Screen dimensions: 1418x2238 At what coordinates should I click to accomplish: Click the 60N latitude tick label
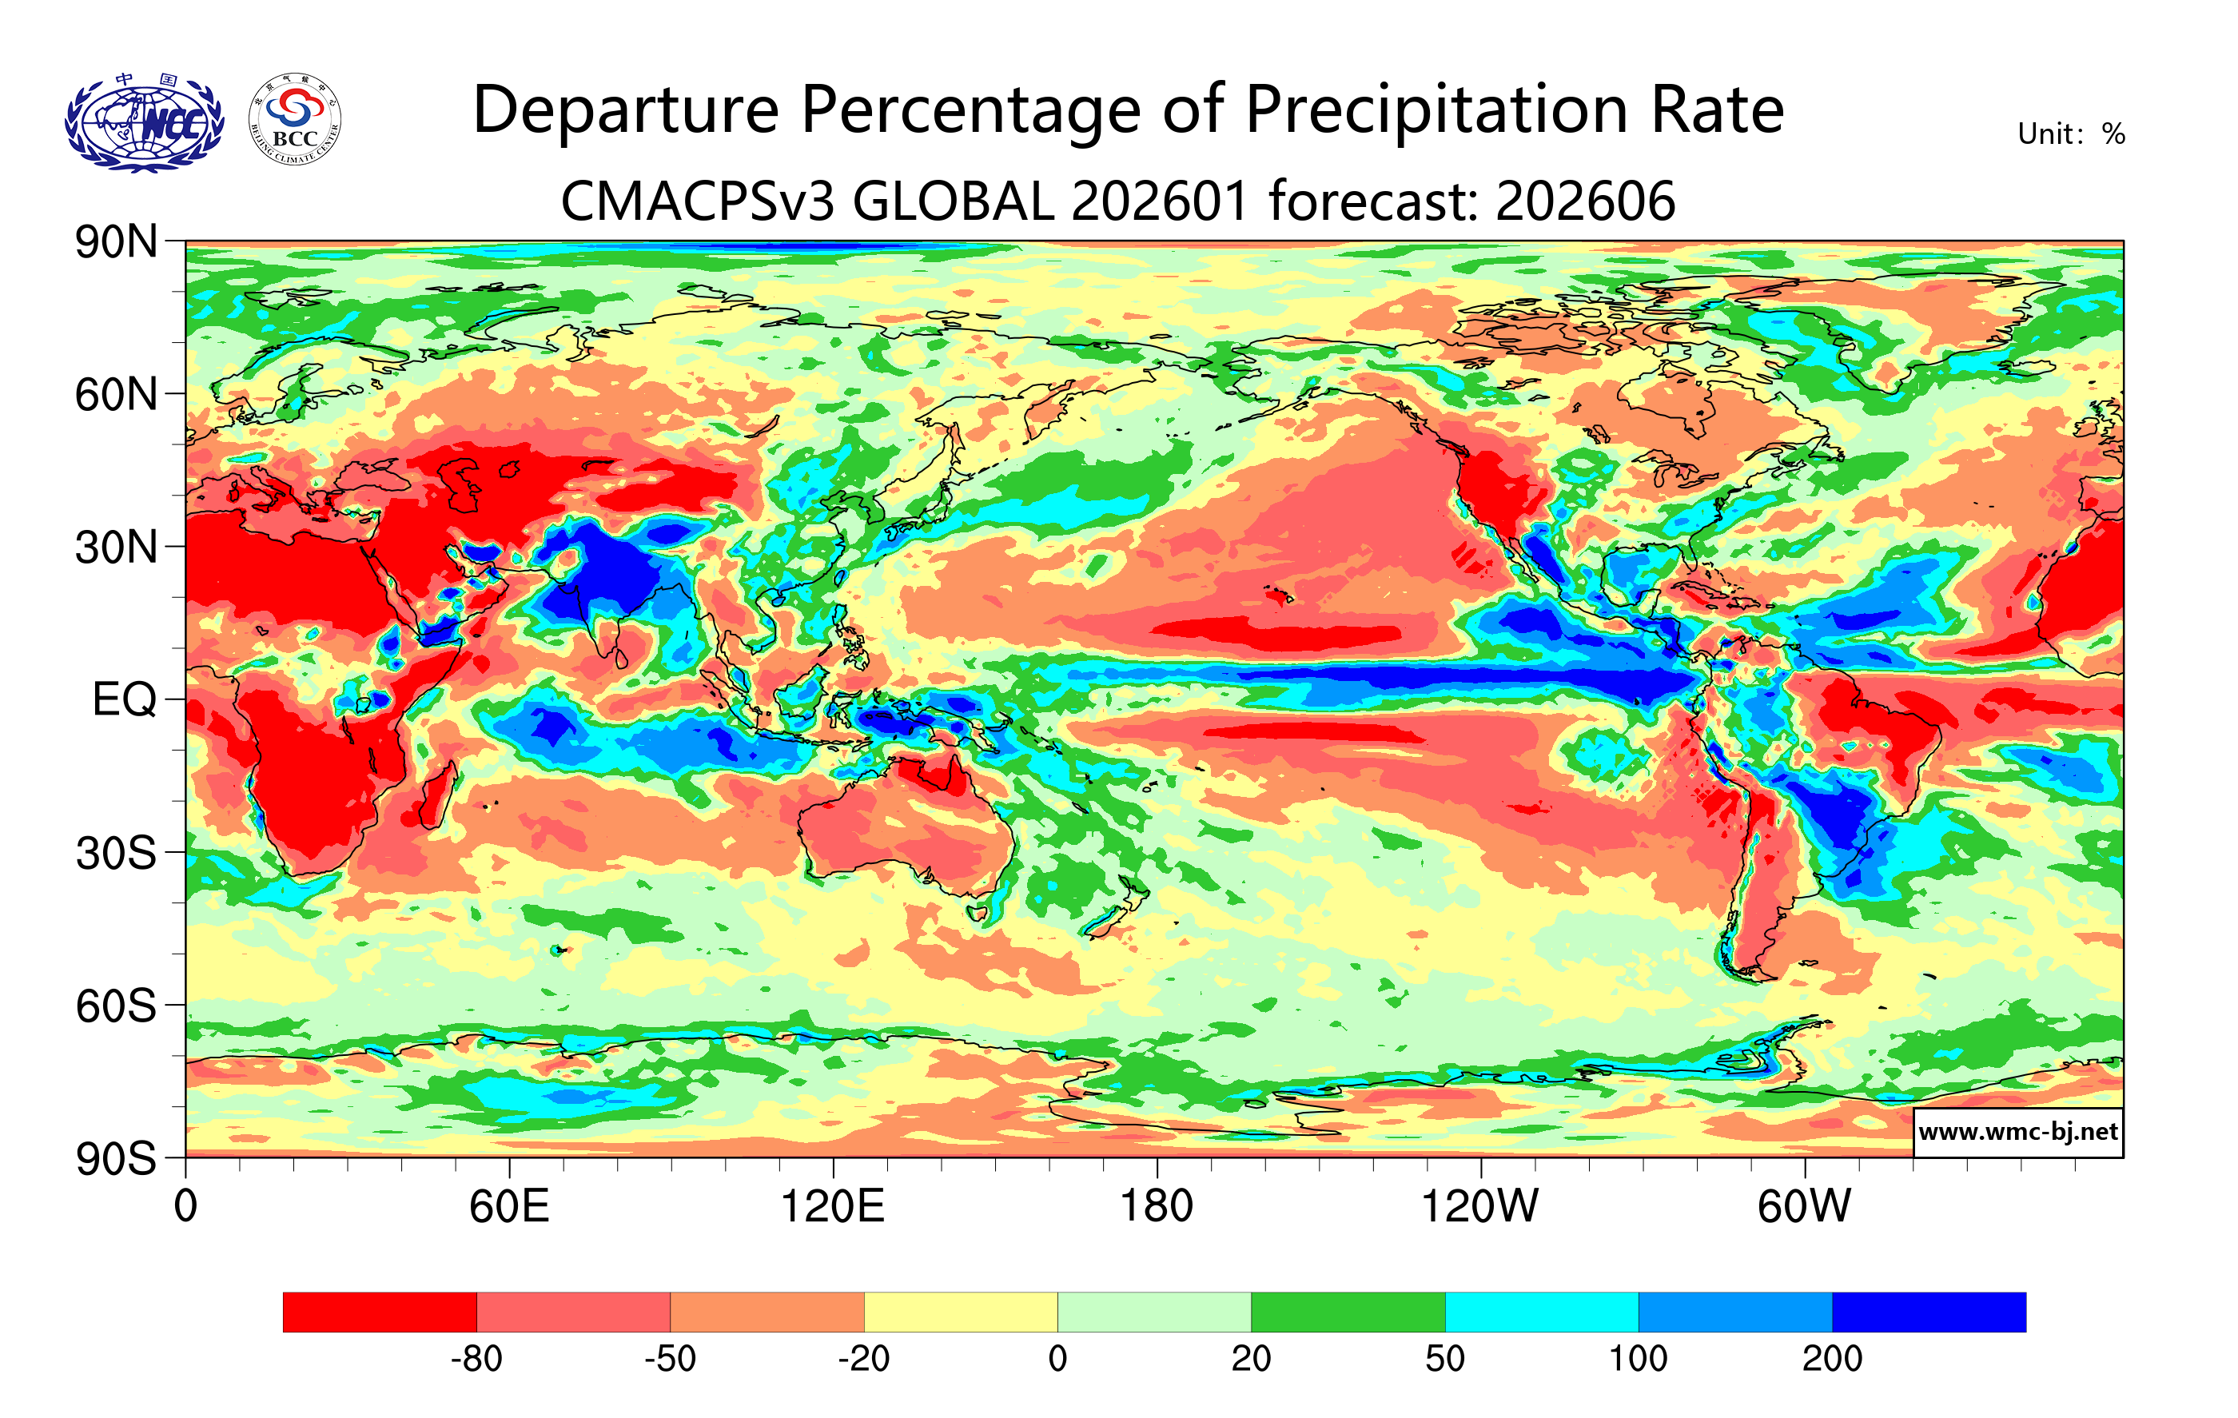pyautogui.click(x=116, y=395)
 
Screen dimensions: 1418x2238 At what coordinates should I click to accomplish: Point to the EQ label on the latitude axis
pyautogui.click(x=124, y=699)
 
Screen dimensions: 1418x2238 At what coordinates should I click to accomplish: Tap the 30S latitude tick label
pyautogui.click(x=116, y=853)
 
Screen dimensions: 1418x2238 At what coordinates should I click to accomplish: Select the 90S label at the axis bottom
pyautogui.click(x=116, y=1159)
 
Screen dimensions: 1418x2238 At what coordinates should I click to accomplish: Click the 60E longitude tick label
pyautogui.click(x=509, y=1207)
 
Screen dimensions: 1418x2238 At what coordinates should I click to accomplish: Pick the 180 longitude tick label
pyautogui.click(x=1157, y=1207)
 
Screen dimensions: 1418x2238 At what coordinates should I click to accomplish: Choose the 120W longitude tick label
pyautogui.click(x=1479, y=1207)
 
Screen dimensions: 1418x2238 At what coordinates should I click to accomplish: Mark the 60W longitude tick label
pyautogui.click(x=1804, y=1207)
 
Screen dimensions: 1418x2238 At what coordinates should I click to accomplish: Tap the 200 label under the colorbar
pyautogui.click(x=1832, y=1360)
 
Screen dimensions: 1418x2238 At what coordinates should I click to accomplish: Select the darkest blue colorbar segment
pyautogui.click(x=1929, y=1312)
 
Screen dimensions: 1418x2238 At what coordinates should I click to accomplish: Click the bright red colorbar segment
pyautogui.click(x=379, y=1312)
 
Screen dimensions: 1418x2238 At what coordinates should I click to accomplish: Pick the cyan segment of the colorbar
pyautogui.click(x=1541, y=1312)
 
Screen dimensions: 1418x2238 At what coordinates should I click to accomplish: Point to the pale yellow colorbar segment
pyautogui.click(x=960, y=1312)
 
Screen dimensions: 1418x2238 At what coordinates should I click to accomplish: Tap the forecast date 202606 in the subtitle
pyautogui.click(x=1586, y=201)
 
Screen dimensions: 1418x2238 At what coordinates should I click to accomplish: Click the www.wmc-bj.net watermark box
pyautogui.click(x=2017, y=1132)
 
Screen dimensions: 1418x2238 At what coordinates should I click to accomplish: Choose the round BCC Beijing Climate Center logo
pyautogui.click(x=295, y=120)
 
